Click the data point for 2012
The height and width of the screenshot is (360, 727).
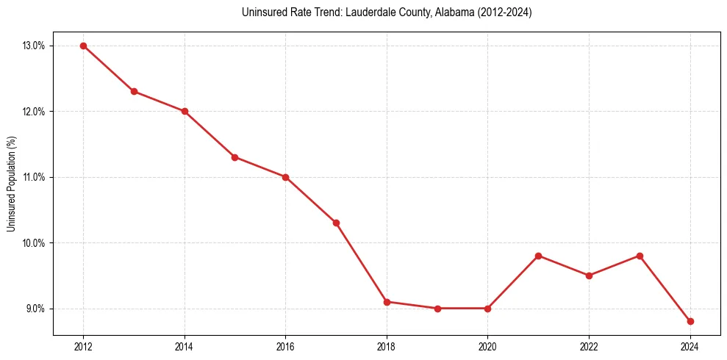[83, 46]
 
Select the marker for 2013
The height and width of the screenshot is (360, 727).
[134, 91]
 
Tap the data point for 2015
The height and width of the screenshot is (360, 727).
[234, 157]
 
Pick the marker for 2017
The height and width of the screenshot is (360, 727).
[336, 223]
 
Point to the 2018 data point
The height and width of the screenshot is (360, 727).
[387, 302]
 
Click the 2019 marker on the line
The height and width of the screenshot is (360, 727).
[437, 309]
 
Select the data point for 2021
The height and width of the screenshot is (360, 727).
[538, 256]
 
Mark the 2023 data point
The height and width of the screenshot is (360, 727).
[640, 256]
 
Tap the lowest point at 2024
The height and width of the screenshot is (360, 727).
[690, 321]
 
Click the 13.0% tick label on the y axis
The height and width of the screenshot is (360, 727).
[34, 46]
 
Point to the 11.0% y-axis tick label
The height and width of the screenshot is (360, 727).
[34, 177]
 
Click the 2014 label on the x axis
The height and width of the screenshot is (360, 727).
[185, 347]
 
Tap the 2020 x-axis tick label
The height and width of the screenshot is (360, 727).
[487, 347]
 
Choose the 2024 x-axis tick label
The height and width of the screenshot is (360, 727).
[690, 347]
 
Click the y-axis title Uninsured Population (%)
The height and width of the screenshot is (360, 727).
[11, 184]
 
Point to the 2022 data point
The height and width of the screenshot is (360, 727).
[589, 276]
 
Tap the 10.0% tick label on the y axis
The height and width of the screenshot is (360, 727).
[34, 243]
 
